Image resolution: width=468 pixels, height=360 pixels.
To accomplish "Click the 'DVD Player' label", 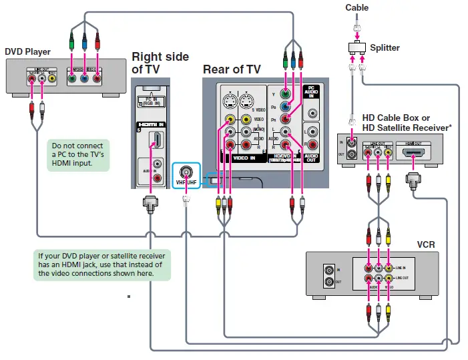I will [x=27, y=51].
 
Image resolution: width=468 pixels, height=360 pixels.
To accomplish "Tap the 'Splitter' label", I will [x=385, y=47].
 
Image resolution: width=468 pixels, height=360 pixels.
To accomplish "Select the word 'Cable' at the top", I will [x=357, y=8].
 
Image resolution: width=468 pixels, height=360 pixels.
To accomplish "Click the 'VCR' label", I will [x=425, y=244].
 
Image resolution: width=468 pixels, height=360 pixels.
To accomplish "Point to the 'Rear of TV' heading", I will [x=232, y=69].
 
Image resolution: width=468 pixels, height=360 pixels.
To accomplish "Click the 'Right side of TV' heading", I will [x=160, y=63].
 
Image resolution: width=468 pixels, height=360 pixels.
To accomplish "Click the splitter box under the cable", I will [x=357, y=47].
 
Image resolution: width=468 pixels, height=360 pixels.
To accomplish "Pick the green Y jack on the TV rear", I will [x=285, y=94].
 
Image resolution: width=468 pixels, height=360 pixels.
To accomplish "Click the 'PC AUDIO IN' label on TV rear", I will [x=312, y=93].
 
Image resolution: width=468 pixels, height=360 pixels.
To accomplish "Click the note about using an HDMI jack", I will [x=102, y=264].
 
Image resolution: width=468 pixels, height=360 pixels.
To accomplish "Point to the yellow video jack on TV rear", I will [x=230, y=120].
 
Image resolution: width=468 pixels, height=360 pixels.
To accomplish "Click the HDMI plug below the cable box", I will [x=411, y=180].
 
